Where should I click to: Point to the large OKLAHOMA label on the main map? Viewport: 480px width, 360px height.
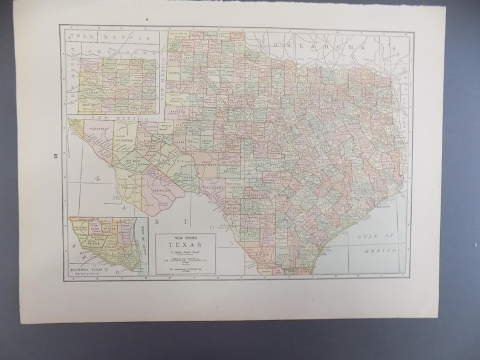322,46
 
